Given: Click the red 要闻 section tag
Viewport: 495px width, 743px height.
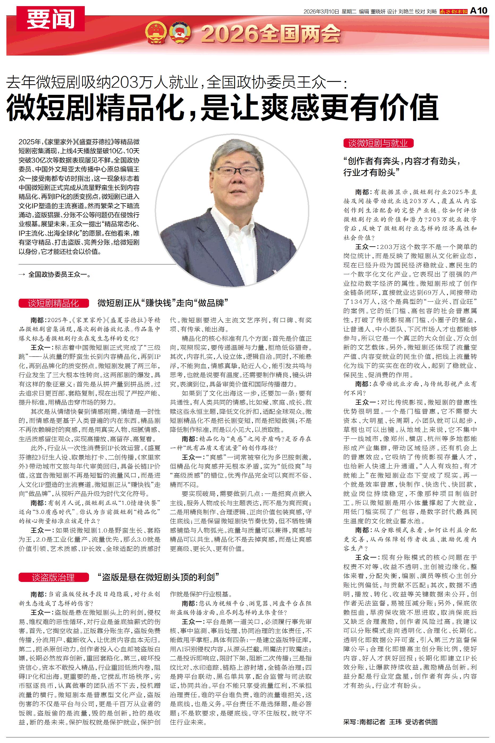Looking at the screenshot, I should [x=50, y=19].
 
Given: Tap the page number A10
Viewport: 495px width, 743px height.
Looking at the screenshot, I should [x=479, y=10].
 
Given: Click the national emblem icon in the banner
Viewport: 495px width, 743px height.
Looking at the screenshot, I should [x=156, y=32].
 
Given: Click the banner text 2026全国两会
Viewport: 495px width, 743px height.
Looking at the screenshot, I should [x=271, y=34].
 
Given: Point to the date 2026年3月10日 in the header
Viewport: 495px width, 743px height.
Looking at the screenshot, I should [x=321, y=11].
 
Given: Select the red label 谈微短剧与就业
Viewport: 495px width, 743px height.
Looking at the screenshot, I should [x=378, y=143].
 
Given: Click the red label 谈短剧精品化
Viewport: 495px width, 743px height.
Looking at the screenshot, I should [x=53, y=303].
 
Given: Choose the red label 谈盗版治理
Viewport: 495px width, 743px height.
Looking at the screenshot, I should [x=53, y=578].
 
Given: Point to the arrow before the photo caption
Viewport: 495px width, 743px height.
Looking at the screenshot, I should [x=22, y=275].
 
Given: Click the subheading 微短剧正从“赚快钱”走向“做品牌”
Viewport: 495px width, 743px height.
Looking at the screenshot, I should [x=163, y=303].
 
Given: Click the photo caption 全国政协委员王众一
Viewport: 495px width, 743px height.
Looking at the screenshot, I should [x=59, y=275].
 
